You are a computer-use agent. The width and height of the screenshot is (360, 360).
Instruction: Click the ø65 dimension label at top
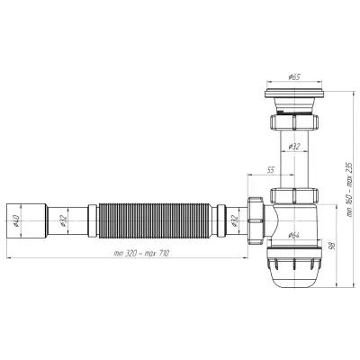click(x=294, y=77)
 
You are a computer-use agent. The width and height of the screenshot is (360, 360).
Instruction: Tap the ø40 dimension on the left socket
click(x=16, y=220)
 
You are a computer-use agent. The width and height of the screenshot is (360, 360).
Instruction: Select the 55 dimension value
click(x=270, y=170)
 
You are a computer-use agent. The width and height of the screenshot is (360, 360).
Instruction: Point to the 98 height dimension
click(x=331, y=246)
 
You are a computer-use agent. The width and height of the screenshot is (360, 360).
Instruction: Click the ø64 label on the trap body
click(x=294, y=236)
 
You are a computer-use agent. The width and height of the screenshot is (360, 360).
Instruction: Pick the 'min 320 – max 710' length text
click(x=141, y=254)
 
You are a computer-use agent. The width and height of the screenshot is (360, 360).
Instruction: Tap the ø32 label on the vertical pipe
click(x=294, y=147)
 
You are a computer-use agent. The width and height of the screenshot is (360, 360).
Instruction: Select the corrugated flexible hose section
click(x=154, y=220)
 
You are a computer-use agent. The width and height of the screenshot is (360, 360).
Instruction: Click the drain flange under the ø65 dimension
click(x=294, y=93)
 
